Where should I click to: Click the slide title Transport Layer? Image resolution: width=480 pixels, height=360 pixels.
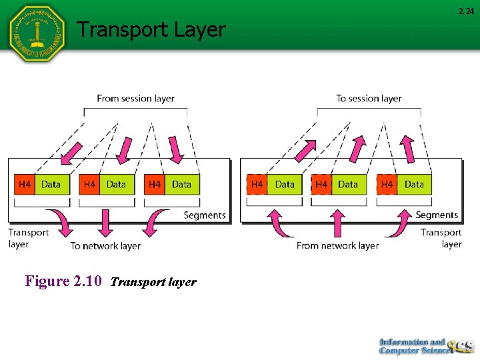pos(151,29)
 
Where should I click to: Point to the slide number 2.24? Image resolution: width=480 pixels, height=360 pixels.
pos(465,11)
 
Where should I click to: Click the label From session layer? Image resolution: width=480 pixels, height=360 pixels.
pos(135,99)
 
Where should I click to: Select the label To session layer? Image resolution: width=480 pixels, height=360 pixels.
pos(369,99)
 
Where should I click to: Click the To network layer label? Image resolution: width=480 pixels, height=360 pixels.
pos(105,246)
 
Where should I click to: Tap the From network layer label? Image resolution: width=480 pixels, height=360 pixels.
pos(337,245)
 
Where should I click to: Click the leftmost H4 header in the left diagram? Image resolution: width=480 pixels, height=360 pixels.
pos(24,185)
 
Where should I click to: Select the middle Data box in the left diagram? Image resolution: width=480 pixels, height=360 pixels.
pos(116,185)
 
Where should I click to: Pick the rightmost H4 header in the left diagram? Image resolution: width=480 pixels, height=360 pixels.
pos(155,185)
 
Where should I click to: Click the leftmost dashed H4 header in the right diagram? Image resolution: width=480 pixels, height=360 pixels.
pos(257,185)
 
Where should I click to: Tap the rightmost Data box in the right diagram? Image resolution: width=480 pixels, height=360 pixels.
pos(414,185)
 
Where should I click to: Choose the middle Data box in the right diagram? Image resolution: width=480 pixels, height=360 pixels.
pos(347,185)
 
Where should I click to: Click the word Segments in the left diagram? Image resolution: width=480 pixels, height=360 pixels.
pos(204,215)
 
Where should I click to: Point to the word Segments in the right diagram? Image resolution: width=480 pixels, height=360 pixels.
pos(437,215)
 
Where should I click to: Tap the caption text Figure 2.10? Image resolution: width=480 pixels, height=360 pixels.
pos(63,281)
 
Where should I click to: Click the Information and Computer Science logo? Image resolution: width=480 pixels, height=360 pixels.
pos(425,345)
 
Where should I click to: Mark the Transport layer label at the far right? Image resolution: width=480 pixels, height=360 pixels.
pos(441,238)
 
